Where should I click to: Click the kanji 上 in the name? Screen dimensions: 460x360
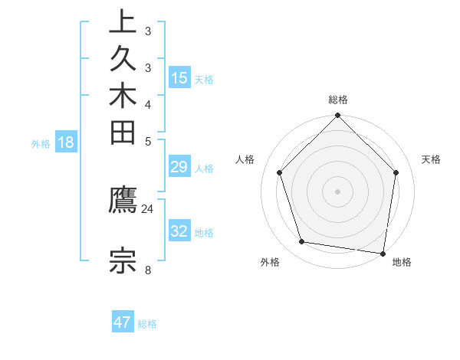pos(123,21)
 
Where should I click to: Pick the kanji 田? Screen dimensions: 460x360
pos(123,134)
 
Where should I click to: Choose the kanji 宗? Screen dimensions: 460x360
pos(123,260)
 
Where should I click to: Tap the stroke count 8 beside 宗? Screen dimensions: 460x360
pos(147,269)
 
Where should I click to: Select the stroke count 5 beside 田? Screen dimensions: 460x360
pos(147,142)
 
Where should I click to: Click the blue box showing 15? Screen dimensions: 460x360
pos(179,77)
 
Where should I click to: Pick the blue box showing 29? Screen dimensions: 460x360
pos(179,167)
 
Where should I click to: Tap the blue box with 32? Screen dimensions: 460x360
pos(179,231)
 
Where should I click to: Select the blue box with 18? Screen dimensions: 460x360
pos(65,142)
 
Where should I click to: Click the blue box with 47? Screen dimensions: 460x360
pos(123,322)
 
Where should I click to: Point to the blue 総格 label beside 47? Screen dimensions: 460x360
pos(147,324)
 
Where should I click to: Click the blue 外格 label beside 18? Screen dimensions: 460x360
pos(41,143)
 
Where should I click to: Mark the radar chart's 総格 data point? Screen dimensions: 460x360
pos(337,116)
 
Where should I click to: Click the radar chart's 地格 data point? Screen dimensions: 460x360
pos(383,252)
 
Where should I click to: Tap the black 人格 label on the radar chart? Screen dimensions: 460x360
pos(245,159)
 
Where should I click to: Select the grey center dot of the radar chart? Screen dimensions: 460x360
pos(337,191)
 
